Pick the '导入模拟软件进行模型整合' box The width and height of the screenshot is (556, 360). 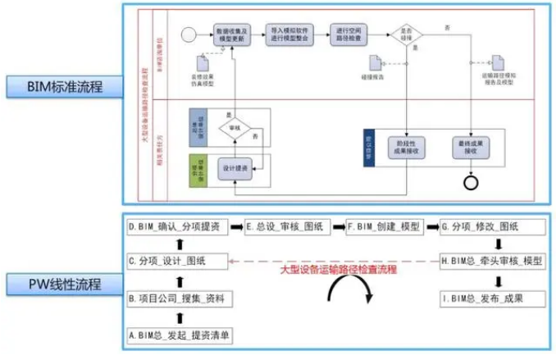point(290,34)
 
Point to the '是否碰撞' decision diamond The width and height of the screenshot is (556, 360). point(410,34)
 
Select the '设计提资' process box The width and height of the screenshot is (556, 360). point(234,167)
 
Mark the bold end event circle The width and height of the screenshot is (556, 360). point(472,180)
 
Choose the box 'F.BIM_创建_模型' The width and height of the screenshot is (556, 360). point(385,226)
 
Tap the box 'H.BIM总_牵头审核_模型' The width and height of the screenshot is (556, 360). point(490,261)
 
